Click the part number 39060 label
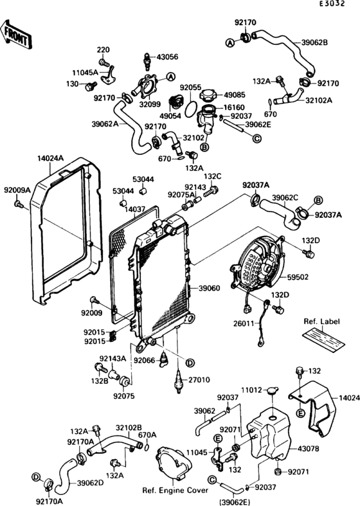[209, 289]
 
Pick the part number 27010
[200, 381]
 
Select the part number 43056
[168, 56]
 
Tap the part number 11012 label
[251, 390]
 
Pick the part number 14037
[135, 209]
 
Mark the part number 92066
[146, 361]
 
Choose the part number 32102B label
[129, 426]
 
